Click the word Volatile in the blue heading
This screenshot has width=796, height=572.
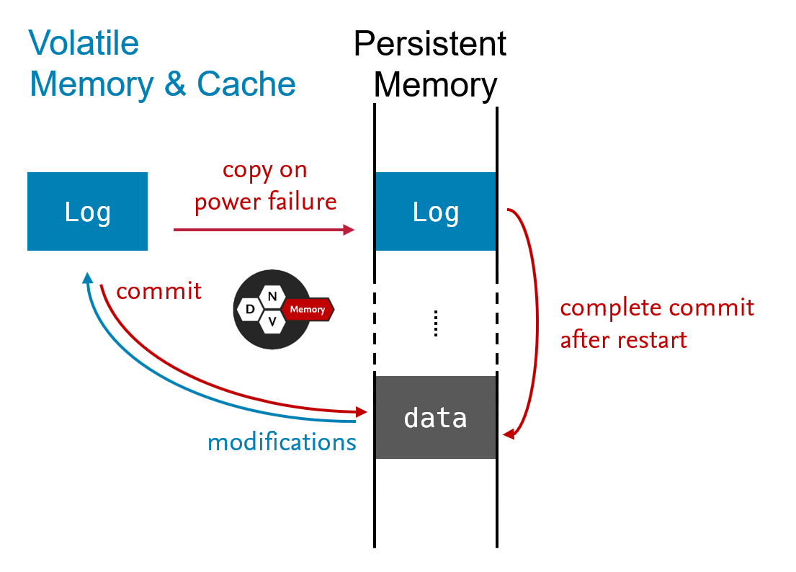click(84, 43)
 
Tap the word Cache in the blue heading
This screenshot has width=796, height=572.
click(246, 84)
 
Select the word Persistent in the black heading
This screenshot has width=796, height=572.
click(430, 44)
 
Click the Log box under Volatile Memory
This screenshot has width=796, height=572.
click(87, 212)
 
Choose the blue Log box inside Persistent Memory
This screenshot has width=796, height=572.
click(436, 212)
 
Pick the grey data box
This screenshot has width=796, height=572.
click(436, 417)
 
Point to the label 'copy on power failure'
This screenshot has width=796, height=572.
click(265, 186)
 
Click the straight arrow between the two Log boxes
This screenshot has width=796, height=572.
click(264, 230)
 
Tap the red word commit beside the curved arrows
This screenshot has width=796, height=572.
click(158, 291)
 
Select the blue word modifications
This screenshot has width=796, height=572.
click(282, 442)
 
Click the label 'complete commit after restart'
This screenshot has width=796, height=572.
click(657, 323)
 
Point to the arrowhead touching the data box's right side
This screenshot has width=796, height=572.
click(509, 434)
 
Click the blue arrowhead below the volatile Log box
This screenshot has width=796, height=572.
click(86, 277)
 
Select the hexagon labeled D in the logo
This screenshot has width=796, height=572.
click(250, 310)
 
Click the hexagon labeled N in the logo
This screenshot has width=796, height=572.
click(272, 296)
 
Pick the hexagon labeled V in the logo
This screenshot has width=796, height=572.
click(272, 323)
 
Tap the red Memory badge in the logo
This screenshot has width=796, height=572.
click(307, 310)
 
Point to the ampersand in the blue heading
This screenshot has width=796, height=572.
click(175, 84)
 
